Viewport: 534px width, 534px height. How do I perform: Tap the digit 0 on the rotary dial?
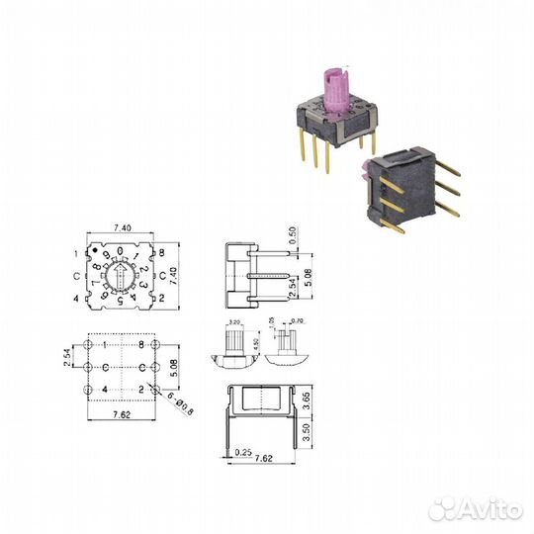[x=120, y=250]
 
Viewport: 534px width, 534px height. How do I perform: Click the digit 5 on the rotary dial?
[x=121, y=301]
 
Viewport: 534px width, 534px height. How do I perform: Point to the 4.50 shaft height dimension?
[x=257, y=344]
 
